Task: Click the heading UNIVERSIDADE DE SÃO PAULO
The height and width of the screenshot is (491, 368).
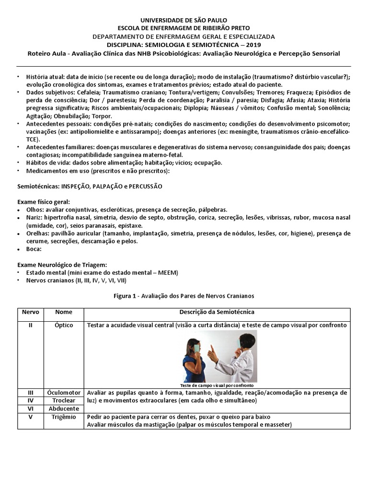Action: click(x=184, y=20)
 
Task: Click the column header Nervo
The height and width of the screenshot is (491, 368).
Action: click(x=30, y=312)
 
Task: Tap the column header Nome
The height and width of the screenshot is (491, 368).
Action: click(x=64, y=312)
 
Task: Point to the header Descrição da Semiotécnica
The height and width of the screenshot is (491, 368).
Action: click(x=217, y=312)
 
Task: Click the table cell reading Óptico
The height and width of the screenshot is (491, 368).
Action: click(x=64, y=325)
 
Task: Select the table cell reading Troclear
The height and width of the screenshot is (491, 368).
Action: click(x=64, y=400)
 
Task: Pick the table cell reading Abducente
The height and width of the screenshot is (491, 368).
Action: click(x=64, y=408)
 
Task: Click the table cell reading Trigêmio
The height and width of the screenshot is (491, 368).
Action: click(x=64, y=417)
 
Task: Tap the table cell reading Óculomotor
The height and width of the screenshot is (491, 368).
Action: click(x=64, y=392)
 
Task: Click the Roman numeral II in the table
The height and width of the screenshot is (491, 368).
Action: click(x=30, y=325)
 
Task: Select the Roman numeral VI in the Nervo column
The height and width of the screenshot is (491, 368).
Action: click(x=30, y=408)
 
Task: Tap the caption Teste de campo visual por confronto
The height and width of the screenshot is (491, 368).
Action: click(x=217, y=385)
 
